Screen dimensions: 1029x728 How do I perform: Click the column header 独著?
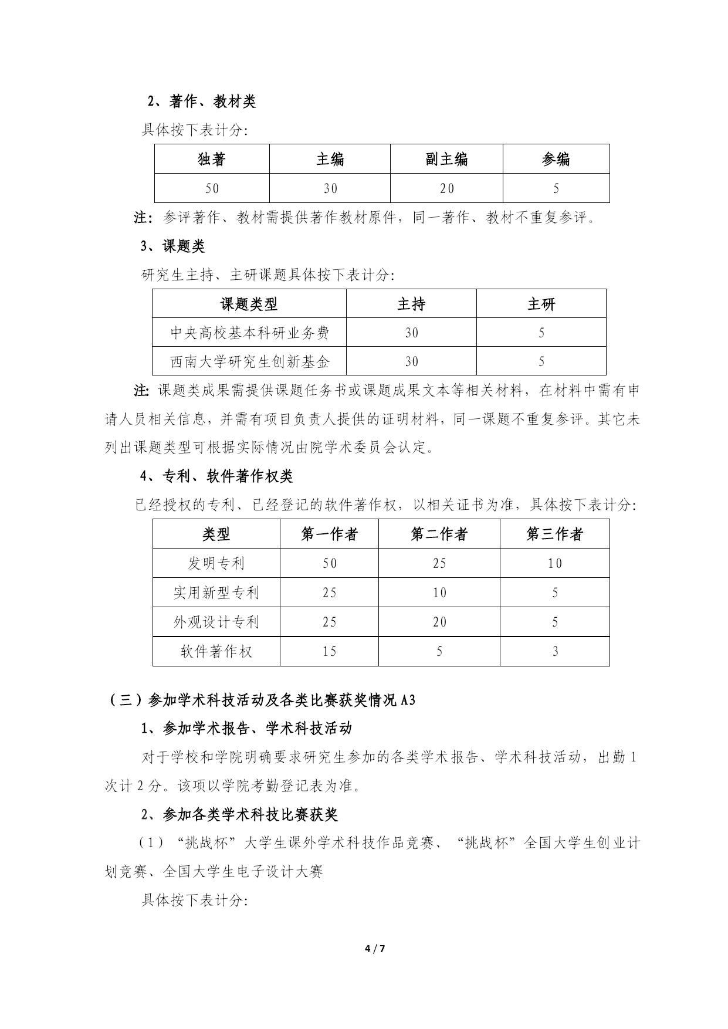[212, 159]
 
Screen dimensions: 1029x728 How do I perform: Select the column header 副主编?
[446, 159]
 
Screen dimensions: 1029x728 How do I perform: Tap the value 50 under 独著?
[212, 188]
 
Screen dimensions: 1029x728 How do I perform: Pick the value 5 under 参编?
[556, 188]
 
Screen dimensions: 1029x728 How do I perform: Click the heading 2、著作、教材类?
[201, 101]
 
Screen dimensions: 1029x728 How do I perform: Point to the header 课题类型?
[249, 304]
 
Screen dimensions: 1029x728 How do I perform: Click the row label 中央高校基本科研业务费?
[249, 333]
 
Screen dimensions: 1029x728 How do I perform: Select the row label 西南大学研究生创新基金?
[249, 361]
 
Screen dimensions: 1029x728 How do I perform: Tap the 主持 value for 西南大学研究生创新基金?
[411, 361]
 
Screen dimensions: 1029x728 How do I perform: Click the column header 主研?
[541, 304]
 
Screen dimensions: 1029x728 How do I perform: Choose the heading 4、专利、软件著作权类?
[216, 476]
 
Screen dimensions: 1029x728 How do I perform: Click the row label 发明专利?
[216, 563]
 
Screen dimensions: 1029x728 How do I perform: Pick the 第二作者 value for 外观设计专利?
[439, 622]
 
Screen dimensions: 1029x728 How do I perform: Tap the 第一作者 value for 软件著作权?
[329, 651]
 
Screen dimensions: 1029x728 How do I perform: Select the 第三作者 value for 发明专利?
[554, 563]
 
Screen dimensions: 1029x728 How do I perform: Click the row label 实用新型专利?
[216, 593]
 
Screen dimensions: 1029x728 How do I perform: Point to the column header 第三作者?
[554, 534]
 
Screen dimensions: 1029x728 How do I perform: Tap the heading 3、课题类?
[172, 246]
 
